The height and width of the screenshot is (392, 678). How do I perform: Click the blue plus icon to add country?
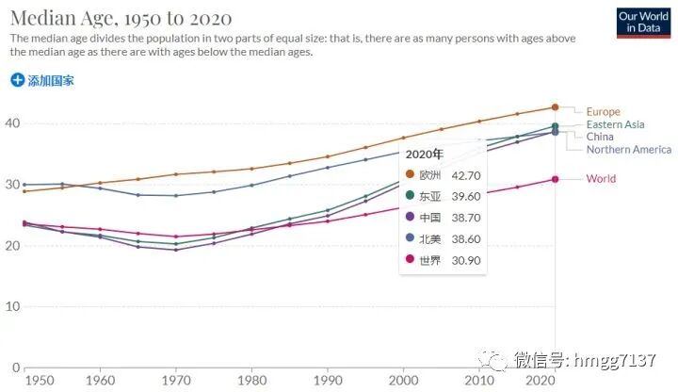(17, 80)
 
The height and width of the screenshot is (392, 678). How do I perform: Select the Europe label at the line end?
(603, 111)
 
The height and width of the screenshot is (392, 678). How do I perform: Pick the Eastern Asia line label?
(615, 124)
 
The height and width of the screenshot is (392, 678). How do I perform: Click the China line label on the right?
(599, 137)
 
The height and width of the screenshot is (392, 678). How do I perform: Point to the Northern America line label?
(628, 149)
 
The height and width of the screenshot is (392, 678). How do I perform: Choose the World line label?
(601, 178)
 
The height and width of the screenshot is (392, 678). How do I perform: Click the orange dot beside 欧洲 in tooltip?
(410, 174)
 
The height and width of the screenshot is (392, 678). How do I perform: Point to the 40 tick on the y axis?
(12, 123)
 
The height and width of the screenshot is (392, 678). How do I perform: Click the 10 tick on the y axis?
(12, 306)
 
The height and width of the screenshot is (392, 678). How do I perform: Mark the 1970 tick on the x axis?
(175, 380)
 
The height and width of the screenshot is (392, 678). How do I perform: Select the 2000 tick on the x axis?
(402, 380)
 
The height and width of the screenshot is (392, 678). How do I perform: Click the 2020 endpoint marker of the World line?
(555, 179)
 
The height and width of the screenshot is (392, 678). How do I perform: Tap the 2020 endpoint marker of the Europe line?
(555, 107)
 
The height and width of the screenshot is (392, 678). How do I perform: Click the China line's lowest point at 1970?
(175, 250)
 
